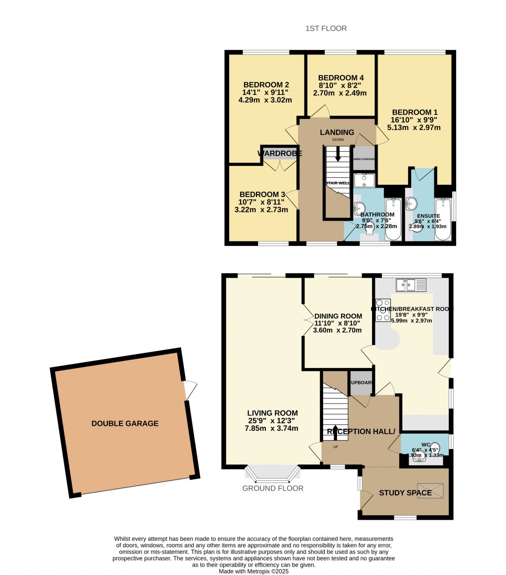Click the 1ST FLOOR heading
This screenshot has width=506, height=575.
point(326,29)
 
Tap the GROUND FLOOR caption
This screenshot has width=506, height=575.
point(273,488)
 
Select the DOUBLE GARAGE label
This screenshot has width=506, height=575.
point(125,423)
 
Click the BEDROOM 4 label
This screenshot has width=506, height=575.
point(341,78)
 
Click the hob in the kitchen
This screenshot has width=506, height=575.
point(383,311)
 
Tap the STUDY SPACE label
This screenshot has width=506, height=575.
point(402,493)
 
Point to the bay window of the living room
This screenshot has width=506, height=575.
point(273,474)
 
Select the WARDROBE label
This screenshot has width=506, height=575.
point(280,154)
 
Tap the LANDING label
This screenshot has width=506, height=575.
point(337,132)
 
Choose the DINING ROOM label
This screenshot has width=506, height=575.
point(338,316)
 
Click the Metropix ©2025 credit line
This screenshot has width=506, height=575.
point(253,571)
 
